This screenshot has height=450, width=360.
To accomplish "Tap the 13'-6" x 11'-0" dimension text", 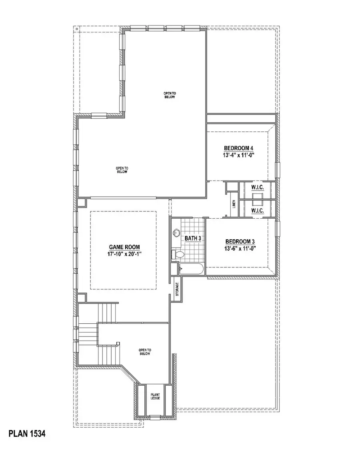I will [x=240, y=248].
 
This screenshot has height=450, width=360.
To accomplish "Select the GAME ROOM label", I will [x=125, y=247].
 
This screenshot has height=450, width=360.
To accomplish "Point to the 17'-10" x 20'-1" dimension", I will [x=125, y=254].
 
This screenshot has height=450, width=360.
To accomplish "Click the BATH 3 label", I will [x=193, y=238].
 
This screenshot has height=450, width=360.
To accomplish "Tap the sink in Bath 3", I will [x=176, y=233].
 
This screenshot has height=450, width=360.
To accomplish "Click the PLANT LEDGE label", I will [x=155, y=396].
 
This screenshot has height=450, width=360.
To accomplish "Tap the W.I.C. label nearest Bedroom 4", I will [x=257, y=187].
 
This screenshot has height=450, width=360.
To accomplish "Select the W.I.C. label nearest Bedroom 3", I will [x=257, y=210].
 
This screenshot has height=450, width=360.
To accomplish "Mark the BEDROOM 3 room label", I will [x=240, y=241].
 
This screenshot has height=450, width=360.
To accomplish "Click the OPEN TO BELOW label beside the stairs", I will [x=145, y=352].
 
